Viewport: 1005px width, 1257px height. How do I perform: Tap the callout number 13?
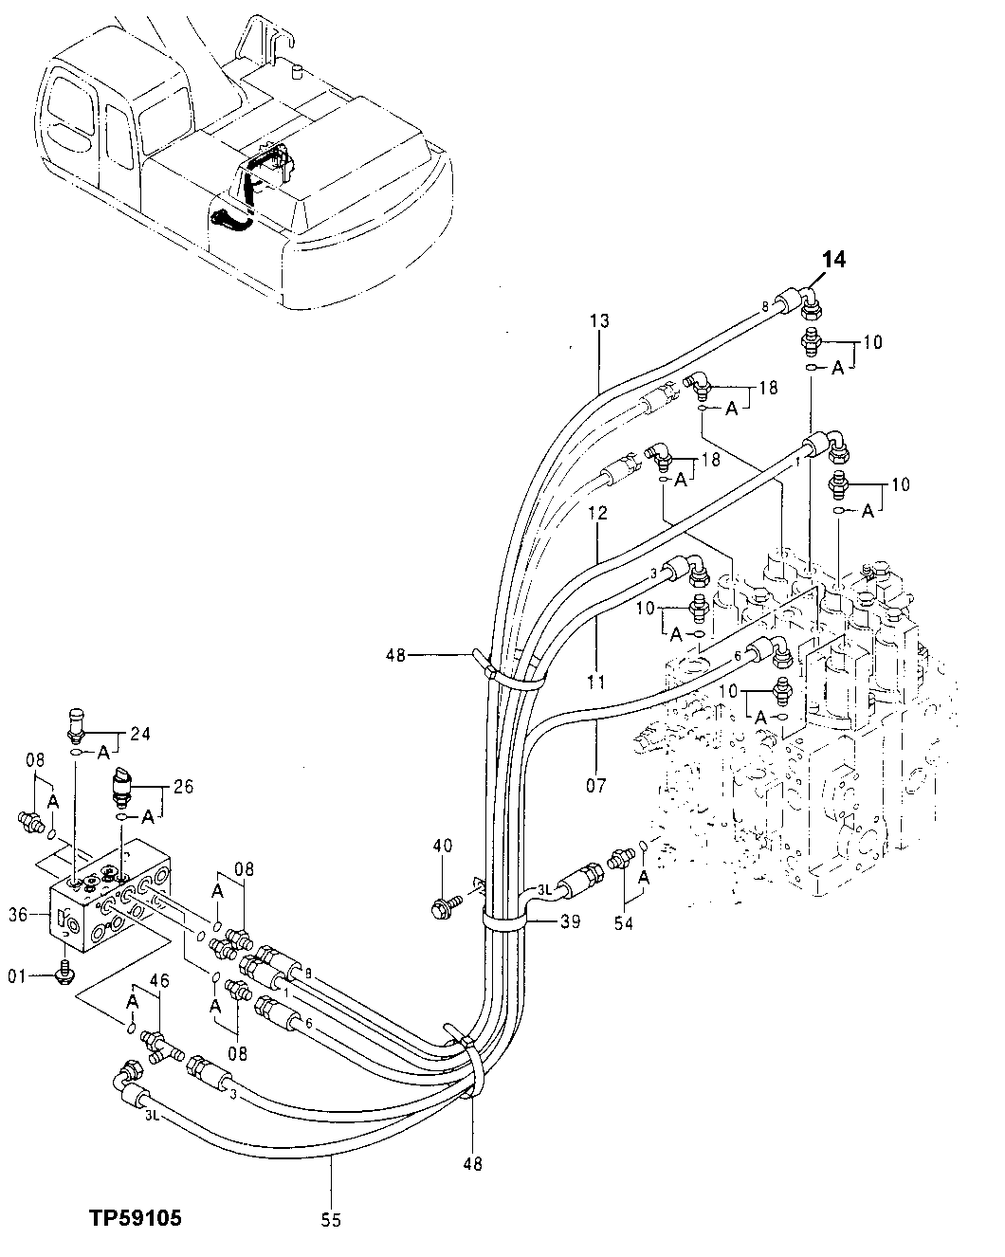[x=599, y=321]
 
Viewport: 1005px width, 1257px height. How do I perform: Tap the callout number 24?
[x=140, y=733]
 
